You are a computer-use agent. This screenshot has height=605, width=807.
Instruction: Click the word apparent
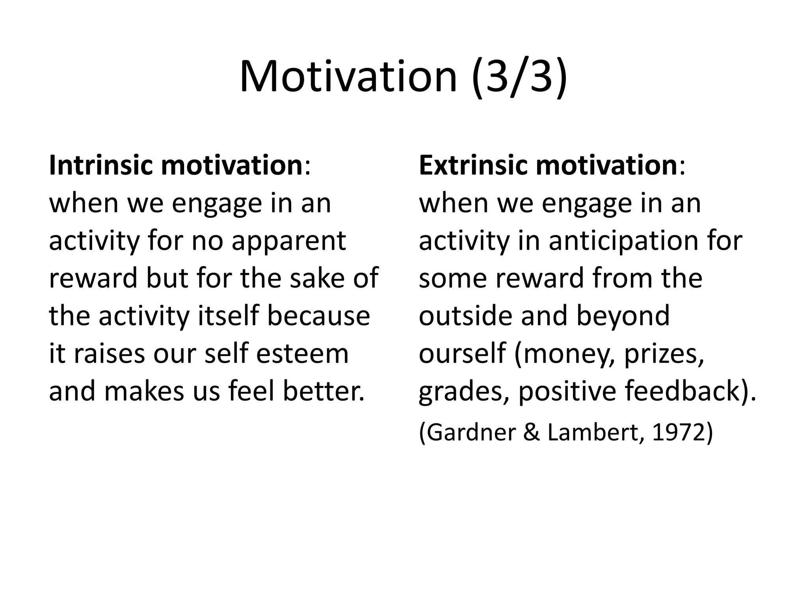pos(288,241)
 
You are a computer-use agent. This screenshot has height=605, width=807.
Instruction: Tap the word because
pos(319,316)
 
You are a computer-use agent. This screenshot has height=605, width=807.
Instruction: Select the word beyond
pos(623,316)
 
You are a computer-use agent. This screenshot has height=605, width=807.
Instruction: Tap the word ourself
pos(462,353)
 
